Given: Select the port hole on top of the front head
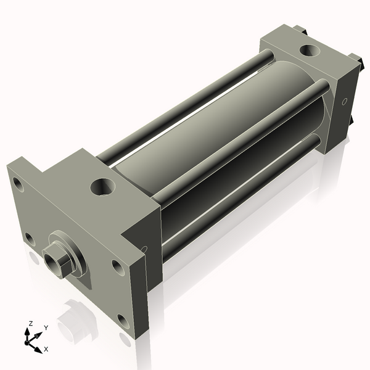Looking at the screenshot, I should [102, 186].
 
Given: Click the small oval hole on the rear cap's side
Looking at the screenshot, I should [345, 100].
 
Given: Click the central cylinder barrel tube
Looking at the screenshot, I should [203, 136].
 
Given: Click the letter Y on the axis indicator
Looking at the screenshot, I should [46, 327].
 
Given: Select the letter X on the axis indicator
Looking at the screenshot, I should [46, 350].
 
